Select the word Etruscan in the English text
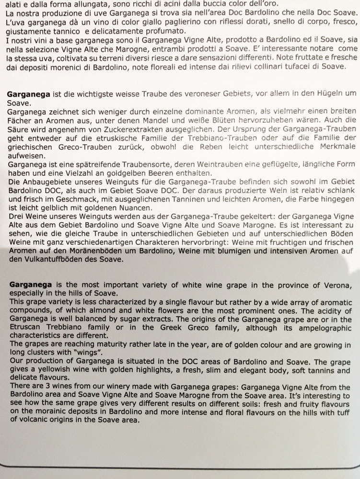pyautogui.click(x=25, y=328)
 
